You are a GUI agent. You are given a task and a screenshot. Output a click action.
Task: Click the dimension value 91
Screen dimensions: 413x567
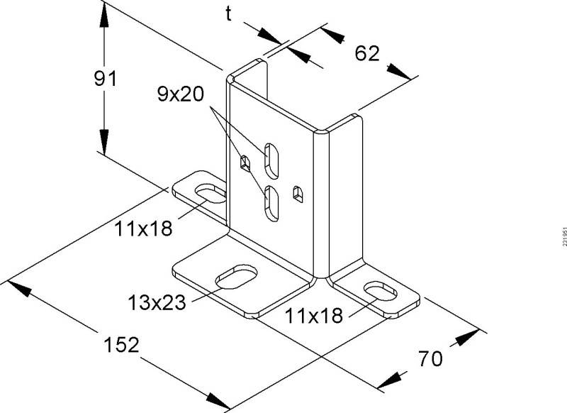105,79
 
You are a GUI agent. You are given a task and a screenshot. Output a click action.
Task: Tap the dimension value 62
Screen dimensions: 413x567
367,53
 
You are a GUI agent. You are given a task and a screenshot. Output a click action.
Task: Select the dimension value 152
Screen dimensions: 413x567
121,345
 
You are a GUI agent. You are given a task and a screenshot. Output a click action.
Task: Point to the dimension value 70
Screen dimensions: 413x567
430,358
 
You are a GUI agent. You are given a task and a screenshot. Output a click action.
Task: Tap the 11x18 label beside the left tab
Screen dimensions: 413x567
145,228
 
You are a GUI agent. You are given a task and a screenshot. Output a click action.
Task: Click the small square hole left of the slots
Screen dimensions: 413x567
245,163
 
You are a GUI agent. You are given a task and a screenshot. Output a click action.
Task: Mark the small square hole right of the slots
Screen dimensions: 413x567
298,192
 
